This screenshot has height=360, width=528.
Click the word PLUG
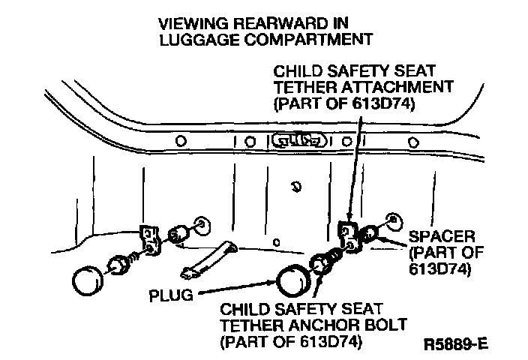[171, 295]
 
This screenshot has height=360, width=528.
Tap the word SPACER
[442, 237]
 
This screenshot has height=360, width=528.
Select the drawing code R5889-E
[455, 344]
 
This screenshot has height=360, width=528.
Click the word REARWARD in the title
[280, 23]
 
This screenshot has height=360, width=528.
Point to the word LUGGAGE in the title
[199, 40]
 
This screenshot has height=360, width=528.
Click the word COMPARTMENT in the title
[308, 40]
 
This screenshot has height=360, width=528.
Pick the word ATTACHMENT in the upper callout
[397, 87]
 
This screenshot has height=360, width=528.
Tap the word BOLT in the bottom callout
[386, 325]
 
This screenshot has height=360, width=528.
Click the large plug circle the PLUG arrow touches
[292, 281]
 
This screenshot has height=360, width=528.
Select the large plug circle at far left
[88, 280]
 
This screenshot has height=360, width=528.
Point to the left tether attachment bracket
[150, 240]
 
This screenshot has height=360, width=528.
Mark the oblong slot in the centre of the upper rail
[299, 140]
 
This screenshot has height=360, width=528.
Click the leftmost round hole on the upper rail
[181, 140]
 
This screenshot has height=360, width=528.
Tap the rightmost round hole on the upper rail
[413, 142]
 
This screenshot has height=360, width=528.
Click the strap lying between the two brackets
[209, 260]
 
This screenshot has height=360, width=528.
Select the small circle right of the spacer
[393, 221]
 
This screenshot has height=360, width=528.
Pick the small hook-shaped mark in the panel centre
[296, 186]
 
